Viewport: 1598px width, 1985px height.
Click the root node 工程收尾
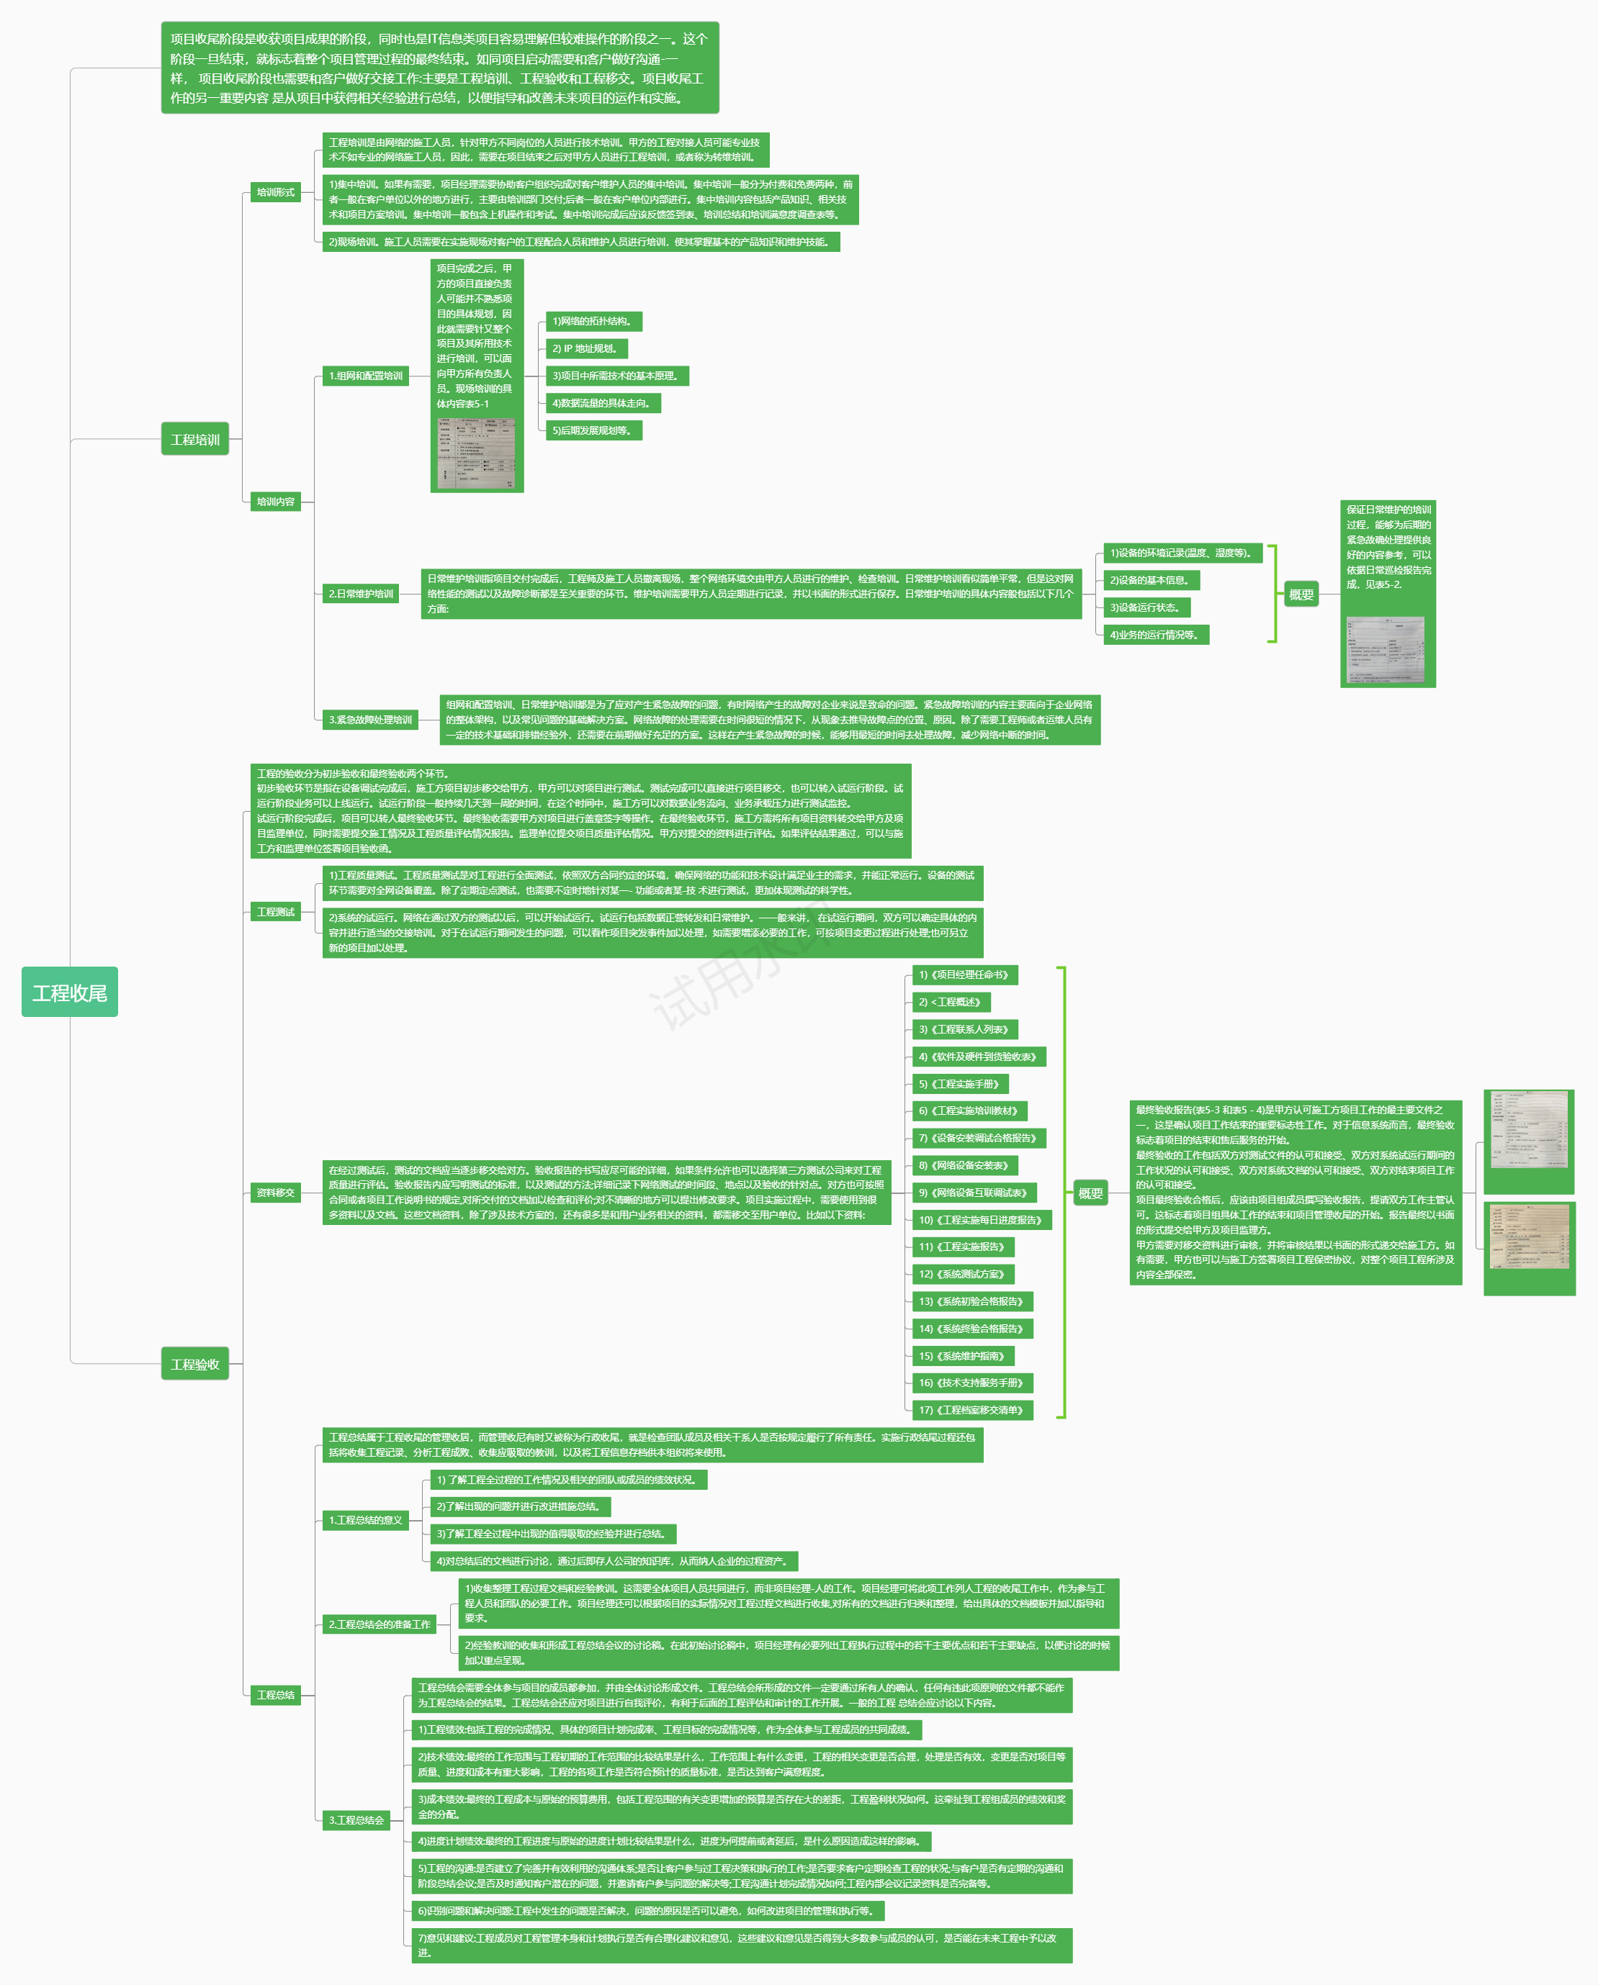70,992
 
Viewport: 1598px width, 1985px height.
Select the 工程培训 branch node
195,439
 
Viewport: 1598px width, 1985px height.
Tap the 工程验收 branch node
195,1364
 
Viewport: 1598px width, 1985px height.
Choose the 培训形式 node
275,192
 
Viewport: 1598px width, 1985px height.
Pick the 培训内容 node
275,502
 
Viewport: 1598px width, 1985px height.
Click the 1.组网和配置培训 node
366,376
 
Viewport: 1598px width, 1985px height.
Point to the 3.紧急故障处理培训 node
370,720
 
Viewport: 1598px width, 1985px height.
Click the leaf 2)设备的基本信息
1150,580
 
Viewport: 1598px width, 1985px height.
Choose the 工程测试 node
275,911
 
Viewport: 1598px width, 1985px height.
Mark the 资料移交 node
275,1193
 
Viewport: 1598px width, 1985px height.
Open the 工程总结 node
275,1695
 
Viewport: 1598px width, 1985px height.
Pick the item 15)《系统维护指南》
963,1355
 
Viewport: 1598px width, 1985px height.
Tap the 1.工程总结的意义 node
366,1520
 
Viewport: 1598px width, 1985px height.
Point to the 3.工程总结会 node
356,1820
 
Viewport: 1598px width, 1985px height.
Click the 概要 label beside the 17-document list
1090,1193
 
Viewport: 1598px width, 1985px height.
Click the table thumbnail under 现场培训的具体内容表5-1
476,452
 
